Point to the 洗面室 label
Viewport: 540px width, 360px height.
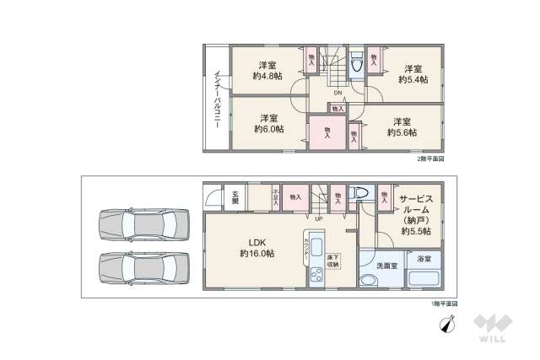pyautogui.click(x=386, y=266)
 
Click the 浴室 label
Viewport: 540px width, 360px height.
pyautogui.click(x=424, y=259)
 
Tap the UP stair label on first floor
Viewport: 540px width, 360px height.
pyautogui.click(x=318, y=220)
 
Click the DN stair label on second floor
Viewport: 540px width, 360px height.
pyautogui.click(x=337, y=91)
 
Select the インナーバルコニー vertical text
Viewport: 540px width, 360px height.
pyautogui.click(x=217, y=98)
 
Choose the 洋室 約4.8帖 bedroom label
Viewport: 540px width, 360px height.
pyautogui.click(x=268, y=69)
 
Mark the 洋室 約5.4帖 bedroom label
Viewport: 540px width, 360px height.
pyautogui.click(x=413, y=73)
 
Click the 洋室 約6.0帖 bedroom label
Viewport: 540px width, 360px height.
pyautogui.click(x=268, y=123)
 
